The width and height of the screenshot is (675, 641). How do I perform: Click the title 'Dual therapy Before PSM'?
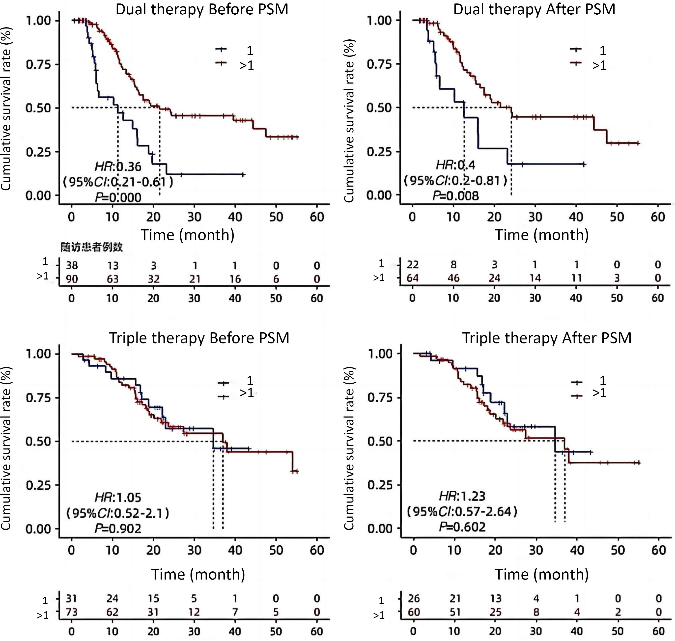202,9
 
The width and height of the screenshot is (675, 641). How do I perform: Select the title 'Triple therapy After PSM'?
547,338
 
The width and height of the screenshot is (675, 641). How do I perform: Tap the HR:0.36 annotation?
118,167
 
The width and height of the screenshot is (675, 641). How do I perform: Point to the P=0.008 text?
456,196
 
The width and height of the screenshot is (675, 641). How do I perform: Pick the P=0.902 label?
118,529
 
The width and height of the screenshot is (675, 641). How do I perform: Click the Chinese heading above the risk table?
92,247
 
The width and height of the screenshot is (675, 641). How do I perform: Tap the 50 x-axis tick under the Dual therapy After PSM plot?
617,217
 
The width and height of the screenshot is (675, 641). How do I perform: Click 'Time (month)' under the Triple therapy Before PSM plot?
198,574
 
